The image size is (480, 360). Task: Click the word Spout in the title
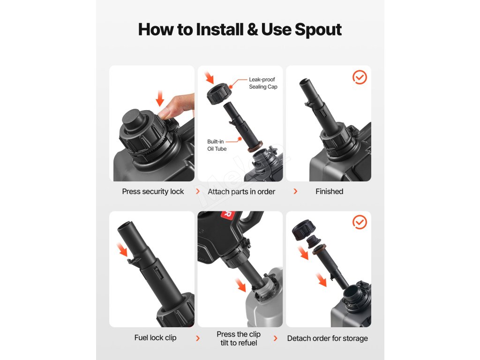(x=318, y=30)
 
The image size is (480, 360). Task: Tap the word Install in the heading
(x=219, y=30)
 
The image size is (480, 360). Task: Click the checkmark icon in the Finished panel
(x=360, y=77)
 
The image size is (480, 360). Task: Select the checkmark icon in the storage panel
(x=360, y=222)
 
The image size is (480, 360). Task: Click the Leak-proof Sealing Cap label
(x=263, y=83)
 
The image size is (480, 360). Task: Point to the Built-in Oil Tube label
(x=217, y=145)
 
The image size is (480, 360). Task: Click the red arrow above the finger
(x=160, y=98)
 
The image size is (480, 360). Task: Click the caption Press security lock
(x=153, y=191)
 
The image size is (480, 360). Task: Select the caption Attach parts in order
(x=241, y=192)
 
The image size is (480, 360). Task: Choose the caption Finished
(x=330, y=191)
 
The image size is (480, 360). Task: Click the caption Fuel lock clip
(x=155, y=337)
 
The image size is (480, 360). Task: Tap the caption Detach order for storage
(x=328, y=338)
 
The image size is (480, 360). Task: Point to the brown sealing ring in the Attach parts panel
(x=255, y=146)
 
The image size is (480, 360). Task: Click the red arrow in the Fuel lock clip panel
(x=123, y=249)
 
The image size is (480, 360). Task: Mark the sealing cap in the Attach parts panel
(x=217, y=94)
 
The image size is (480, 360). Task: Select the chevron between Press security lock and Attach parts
(x=198, y=191)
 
